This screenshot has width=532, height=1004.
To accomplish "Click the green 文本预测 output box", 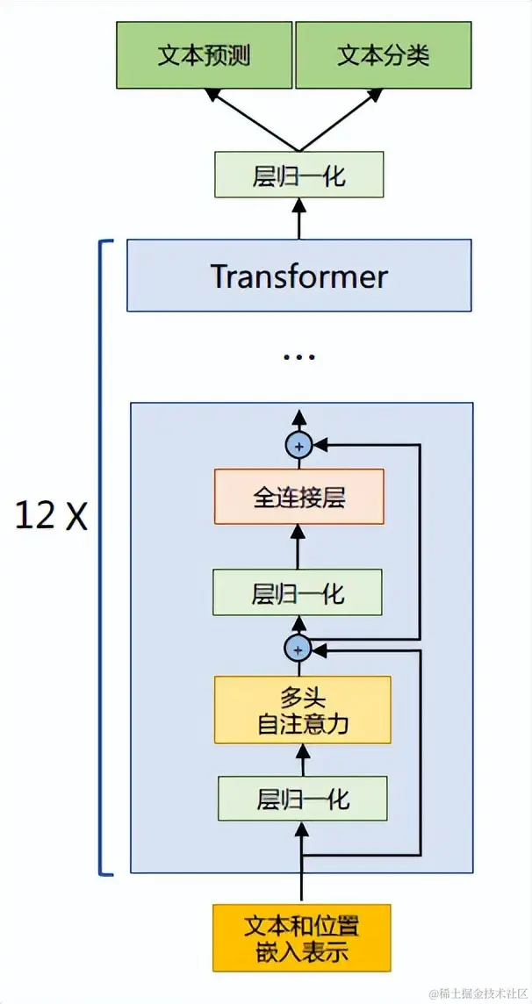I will [204, 56].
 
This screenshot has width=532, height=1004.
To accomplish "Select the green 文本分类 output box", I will [383, 56].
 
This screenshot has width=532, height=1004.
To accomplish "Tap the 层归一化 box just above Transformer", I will [298, 175].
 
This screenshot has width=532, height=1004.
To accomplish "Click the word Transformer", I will [298, 276].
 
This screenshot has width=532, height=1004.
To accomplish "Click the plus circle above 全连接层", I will [298, 446].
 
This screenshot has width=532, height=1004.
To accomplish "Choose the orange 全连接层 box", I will [298, 497].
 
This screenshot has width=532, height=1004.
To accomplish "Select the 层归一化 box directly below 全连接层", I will [298, 592].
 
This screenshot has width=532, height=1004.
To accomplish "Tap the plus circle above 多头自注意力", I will [298, 649].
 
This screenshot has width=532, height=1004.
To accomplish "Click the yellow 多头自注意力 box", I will [302, 710].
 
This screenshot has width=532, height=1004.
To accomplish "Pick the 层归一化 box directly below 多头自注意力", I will [303, 799].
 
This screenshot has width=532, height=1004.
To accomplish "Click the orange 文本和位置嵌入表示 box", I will [301, 937].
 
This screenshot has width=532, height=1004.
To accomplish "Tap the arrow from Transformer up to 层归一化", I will [298, 219].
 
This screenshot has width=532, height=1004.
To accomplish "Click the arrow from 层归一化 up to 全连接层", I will [298, 547].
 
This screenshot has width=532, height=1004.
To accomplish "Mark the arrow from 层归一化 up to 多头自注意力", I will [303, 759].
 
